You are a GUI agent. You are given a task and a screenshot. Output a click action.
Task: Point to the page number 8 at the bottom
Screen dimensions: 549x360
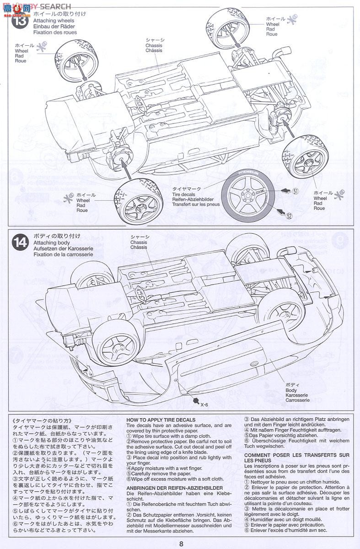tap(182, 544)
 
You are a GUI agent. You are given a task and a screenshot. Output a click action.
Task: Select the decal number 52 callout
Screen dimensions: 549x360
tap(289, 216)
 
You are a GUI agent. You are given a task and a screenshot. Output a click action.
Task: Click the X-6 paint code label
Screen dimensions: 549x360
tap(204, 404)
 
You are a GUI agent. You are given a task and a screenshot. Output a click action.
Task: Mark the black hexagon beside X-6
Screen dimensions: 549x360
tap(196, 401)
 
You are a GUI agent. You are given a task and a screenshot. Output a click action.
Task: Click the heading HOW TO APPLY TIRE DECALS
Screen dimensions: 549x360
tap(161, 420)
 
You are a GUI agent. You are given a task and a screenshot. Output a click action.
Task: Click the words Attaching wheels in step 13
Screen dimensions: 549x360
tap(53, 21)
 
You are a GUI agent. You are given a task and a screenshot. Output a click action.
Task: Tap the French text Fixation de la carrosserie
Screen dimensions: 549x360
tap(63, 254)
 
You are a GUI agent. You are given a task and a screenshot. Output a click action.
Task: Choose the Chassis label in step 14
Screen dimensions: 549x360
tap(139, 242)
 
